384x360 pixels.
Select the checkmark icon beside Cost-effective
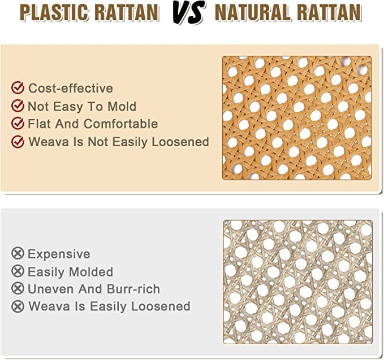pos(18,88)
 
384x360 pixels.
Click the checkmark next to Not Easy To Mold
pos(18,106)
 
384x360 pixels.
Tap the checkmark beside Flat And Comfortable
pos(18,124)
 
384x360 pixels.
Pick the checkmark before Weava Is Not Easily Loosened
pos(18,142)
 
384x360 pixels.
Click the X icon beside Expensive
pos(18,254)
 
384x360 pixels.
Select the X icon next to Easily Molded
pos(18,272)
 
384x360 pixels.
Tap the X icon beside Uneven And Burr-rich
pos(18,289)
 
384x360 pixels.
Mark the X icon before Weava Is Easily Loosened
pos(18,306)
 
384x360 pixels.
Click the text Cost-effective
pos(71,88)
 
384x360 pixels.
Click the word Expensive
pos(59,254)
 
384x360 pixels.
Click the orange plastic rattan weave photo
pos(297,117)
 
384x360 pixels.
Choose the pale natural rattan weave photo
pos(297,281)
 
